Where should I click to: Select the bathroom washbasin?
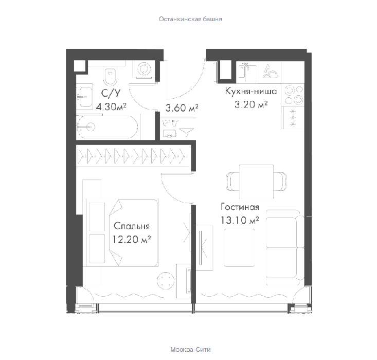point(85,97)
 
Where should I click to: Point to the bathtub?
point(107,127)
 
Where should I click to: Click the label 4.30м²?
point(111,106)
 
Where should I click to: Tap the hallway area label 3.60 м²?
point(182,107)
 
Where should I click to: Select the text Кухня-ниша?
point(251,91)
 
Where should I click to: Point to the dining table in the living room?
point(257,182)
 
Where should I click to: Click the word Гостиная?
point(240,207)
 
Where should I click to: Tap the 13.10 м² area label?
point(240,220)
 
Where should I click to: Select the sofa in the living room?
point(285,247)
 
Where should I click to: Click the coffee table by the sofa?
point(240,247)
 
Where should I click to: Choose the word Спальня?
point(132,226)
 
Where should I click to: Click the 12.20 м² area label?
point(132,239)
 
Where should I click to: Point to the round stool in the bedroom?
point(166,281)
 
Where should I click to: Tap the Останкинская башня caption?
point(190,19)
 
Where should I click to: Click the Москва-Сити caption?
point(190,349)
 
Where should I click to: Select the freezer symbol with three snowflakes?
point(293,118)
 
